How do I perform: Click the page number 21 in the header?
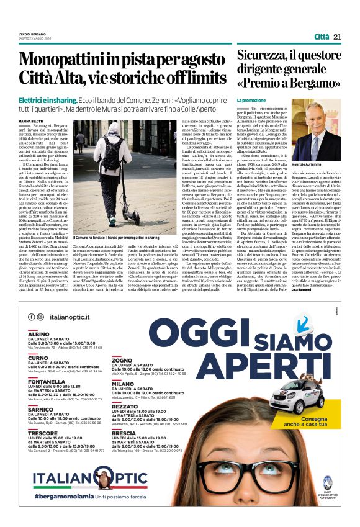(337, 37)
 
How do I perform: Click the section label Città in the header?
(322, 37)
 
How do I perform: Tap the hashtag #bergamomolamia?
(62, 497)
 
